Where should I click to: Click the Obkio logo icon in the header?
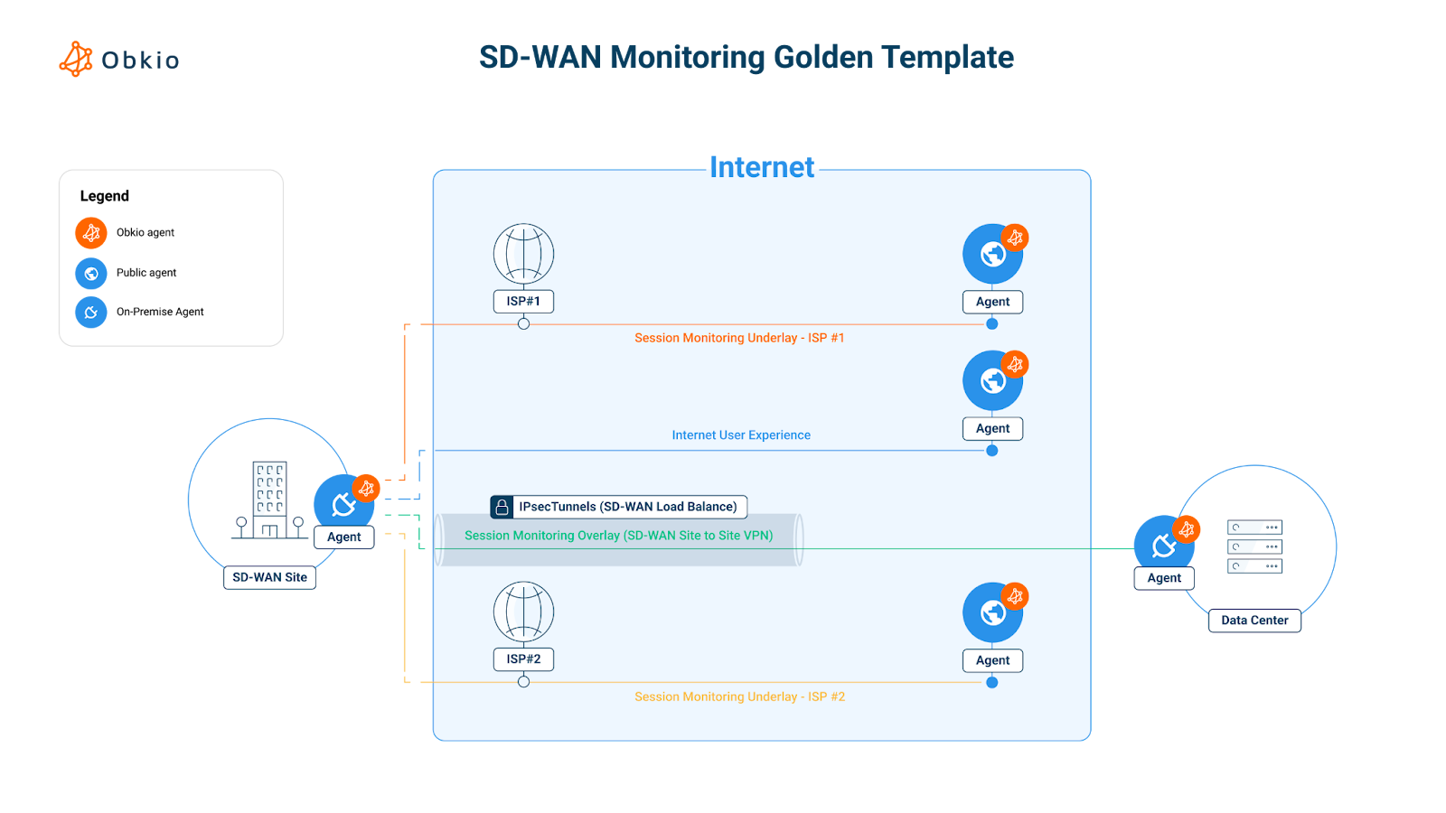point(76,59)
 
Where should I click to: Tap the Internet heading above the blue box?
point(761,167)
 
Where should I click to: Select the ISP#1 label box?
point(523,301)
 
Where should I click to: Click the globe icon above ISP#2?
point(523,612)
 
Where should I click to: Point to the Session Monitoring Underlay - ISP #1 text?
point(739,338)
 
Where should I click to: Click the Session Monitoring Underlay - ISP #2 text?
point(739,696)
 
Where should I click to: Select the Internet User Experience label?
point(741,435)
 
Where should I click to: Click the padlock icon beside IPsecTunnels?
point(502,507)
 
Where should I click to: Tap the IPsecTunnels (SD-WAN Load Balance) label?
point(628,507)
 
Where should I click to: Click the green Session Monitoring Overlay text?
point(618,536)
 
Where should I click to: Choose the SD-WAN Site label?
point(269,577)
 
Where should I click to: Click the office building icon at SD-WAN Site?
point(269,500)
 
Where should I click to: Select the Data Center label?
point(1254,621)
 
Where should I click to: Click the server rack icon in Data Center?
point(1254,547)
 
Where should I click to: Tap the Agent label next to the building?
point(343,537)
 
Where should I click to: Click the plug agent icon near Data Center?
point(1163,544)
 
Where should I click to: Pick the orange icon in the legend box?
point(91,233)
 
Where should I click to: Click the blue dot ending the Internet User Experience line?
point(992,451)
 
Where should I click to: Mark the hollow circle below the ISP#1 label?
point(523,323)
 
